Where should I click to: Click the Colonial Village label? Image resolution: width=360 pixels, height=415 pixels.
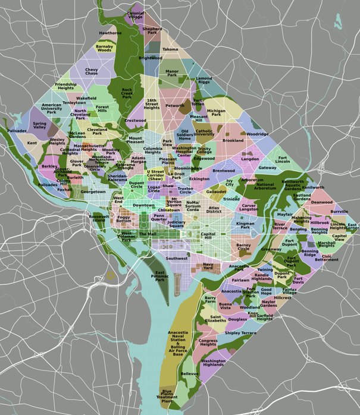tap(136, 15)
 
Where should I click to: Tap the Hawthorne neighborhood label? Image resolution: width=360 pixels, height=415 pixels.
tap(110, 33)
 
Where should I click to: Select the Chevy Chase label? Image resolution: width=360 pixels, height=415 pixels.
tap(91, 71)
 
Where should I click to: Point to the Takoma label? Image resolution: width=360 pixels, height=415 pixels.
tap(170, 49)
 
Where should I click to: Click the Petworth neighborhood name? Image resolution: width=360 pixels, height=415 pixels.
tap(175, 106)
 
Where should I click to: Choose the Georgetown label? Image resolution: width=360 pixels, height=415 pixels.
tap(93, 192)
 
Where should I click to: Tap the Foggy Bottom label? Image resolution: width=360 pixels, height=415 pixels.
tap(124, 219)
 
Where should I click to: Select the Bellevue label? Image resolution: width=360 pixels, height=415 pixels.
tap(189, 373)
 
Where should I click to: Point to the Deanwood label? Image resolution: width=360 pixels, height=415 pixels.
tap(322, 202)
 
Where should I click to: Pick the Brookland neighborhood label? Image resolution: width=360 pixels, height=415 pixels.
tap(233, 141)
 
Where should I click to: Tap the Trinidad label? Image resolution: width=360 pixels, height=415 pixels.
tap(231, 199)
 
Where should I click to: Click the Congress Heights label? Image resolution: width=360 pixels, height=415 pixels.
tap(208, 342)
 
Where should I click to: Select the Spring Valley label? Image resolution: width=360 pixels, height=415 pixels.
tap(39, 125)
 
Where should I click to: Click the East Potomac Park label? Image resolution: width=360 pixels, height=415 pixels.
tap(159, 275)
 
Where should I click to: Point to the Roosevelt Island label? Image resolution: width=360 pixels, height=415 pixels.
tap(99, 218)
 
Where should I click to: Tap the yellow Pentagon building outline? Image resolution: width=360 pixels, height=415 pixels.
tap(110, 275)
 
